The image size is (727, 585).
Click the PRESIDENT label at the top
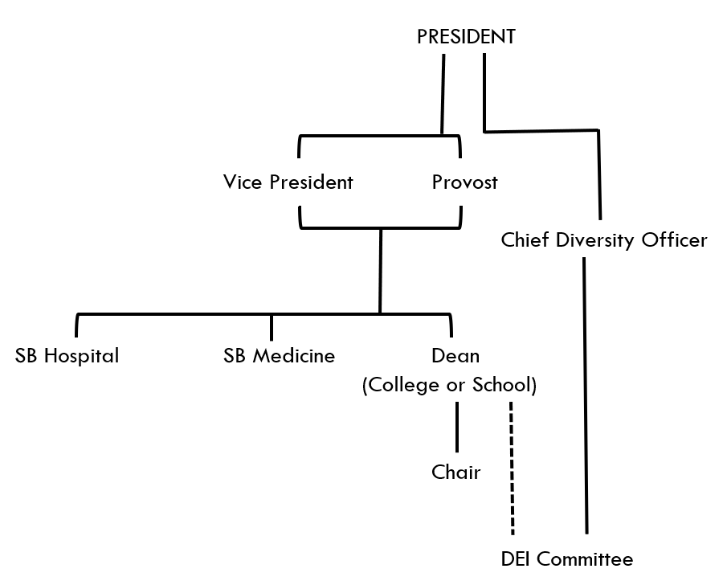point(466,37)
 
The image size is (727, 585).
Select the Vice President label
point(288,182)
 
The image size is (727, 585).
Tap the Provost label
point(464,182)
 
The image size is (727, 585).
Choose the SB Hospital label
point(67,355)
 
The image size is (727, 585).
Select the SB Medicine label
point(279,355)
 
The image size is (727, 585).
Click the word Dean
point(455,355)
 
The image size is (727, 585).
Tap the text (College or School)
point(449,385)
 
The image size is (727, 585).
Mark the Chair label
point(455,472)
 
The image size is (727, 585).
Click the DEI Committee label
point(566,559)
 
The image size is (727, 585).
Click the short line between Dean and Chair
point(457,427)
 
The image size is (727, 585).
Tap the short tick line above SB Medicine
point(272,326)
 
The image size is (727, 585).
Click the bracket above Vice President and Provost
point(379,136)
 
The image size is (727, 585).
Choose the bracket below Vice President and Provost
point(380,228)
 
